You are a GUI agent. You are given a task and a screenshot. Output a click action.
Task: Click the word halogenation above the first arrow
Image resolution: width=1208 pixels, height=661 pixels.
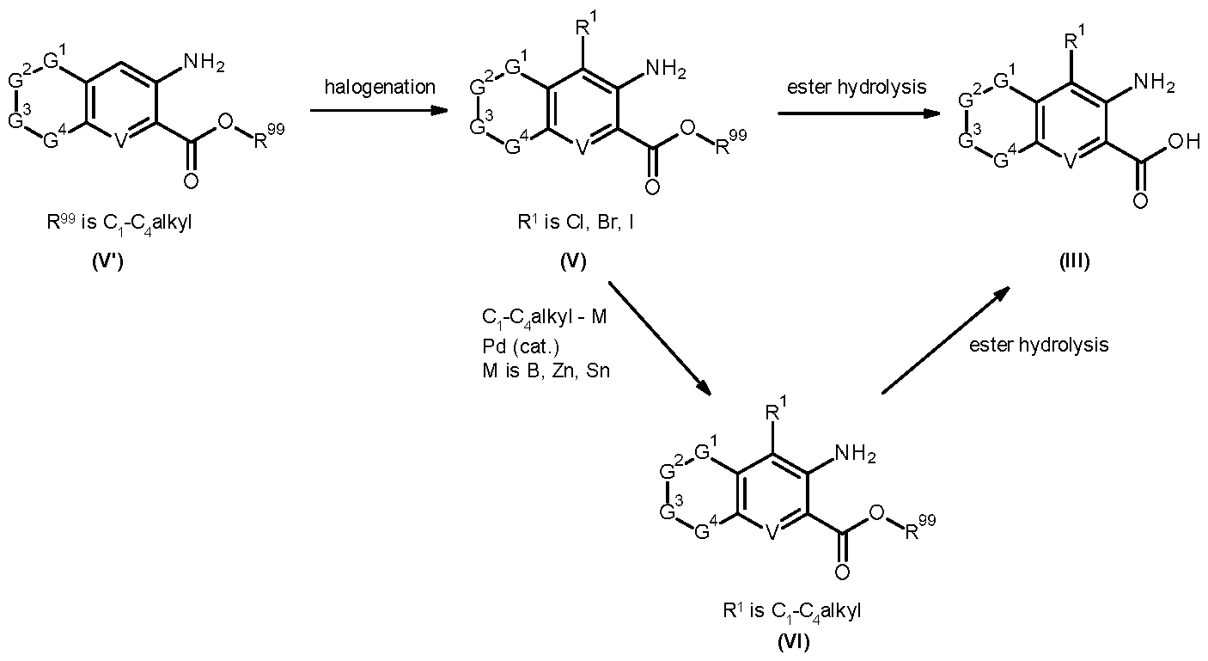coord(380,87)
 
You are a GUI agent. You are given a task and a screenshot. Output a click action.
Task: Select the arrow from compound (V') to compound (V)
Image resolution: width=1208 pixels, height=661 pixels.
coord(379,111)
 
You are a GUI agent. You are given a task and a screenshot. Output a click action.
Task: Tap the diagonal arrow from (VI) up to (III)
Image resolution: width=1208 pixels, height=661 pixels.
coord(945,340)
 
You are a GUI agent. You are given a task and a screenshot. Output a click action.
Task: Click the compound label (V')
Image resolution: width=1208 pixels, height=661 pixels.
coord(108,262)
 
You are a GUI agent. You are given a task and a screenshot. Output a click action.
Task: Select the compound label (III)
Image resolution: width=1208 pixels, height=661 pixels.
coord(1074,261)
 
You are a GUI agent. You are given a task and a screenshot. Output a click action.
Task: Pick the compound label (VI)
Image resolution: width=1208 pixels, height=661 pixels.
coord(793,641)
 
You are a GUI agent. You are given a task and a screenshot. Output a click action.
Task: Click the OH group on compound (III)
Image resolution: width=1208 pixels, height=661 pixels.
coord(1184,142)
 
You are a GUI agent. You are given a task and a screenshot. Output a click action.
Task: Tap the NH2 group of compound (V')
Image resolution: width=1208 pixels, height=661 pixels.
coord(204,63)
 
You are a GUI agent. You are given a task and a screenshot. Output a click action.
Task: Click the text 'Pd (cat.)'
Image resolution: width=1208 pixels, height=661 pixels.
coord(521,346)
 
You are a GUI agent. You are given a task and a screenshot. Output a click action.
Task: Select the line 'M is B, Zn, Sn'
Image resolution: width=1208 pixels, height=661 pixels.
coord(546,370)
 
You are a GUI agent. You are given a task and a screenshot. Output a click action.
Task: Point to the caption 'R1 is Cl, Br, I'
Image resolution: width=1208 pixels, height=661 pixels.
coord(576,222)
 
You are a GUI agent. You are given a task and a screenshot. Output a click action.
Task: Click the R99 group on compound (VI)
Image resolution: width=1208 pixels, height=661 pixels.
coord(920,527)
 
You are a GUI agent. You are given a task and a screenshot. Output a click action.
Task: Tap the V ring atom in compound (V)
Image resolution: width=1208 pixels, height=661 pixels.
coord(581,147)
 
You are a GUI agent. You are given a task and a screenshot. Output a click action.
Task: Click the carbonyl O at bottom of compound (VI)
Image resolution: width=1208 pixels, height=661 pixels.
coord(842,572)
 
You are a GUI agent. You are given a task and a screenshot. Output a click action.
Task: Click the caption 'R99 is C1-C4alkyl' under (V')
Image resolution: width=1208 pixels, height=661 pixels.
coord(119,223)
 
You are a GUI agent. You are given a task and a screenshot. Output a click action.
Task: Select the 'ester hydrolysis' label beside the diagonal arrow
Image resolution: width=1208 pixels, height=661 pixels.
coord(1039,345)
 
